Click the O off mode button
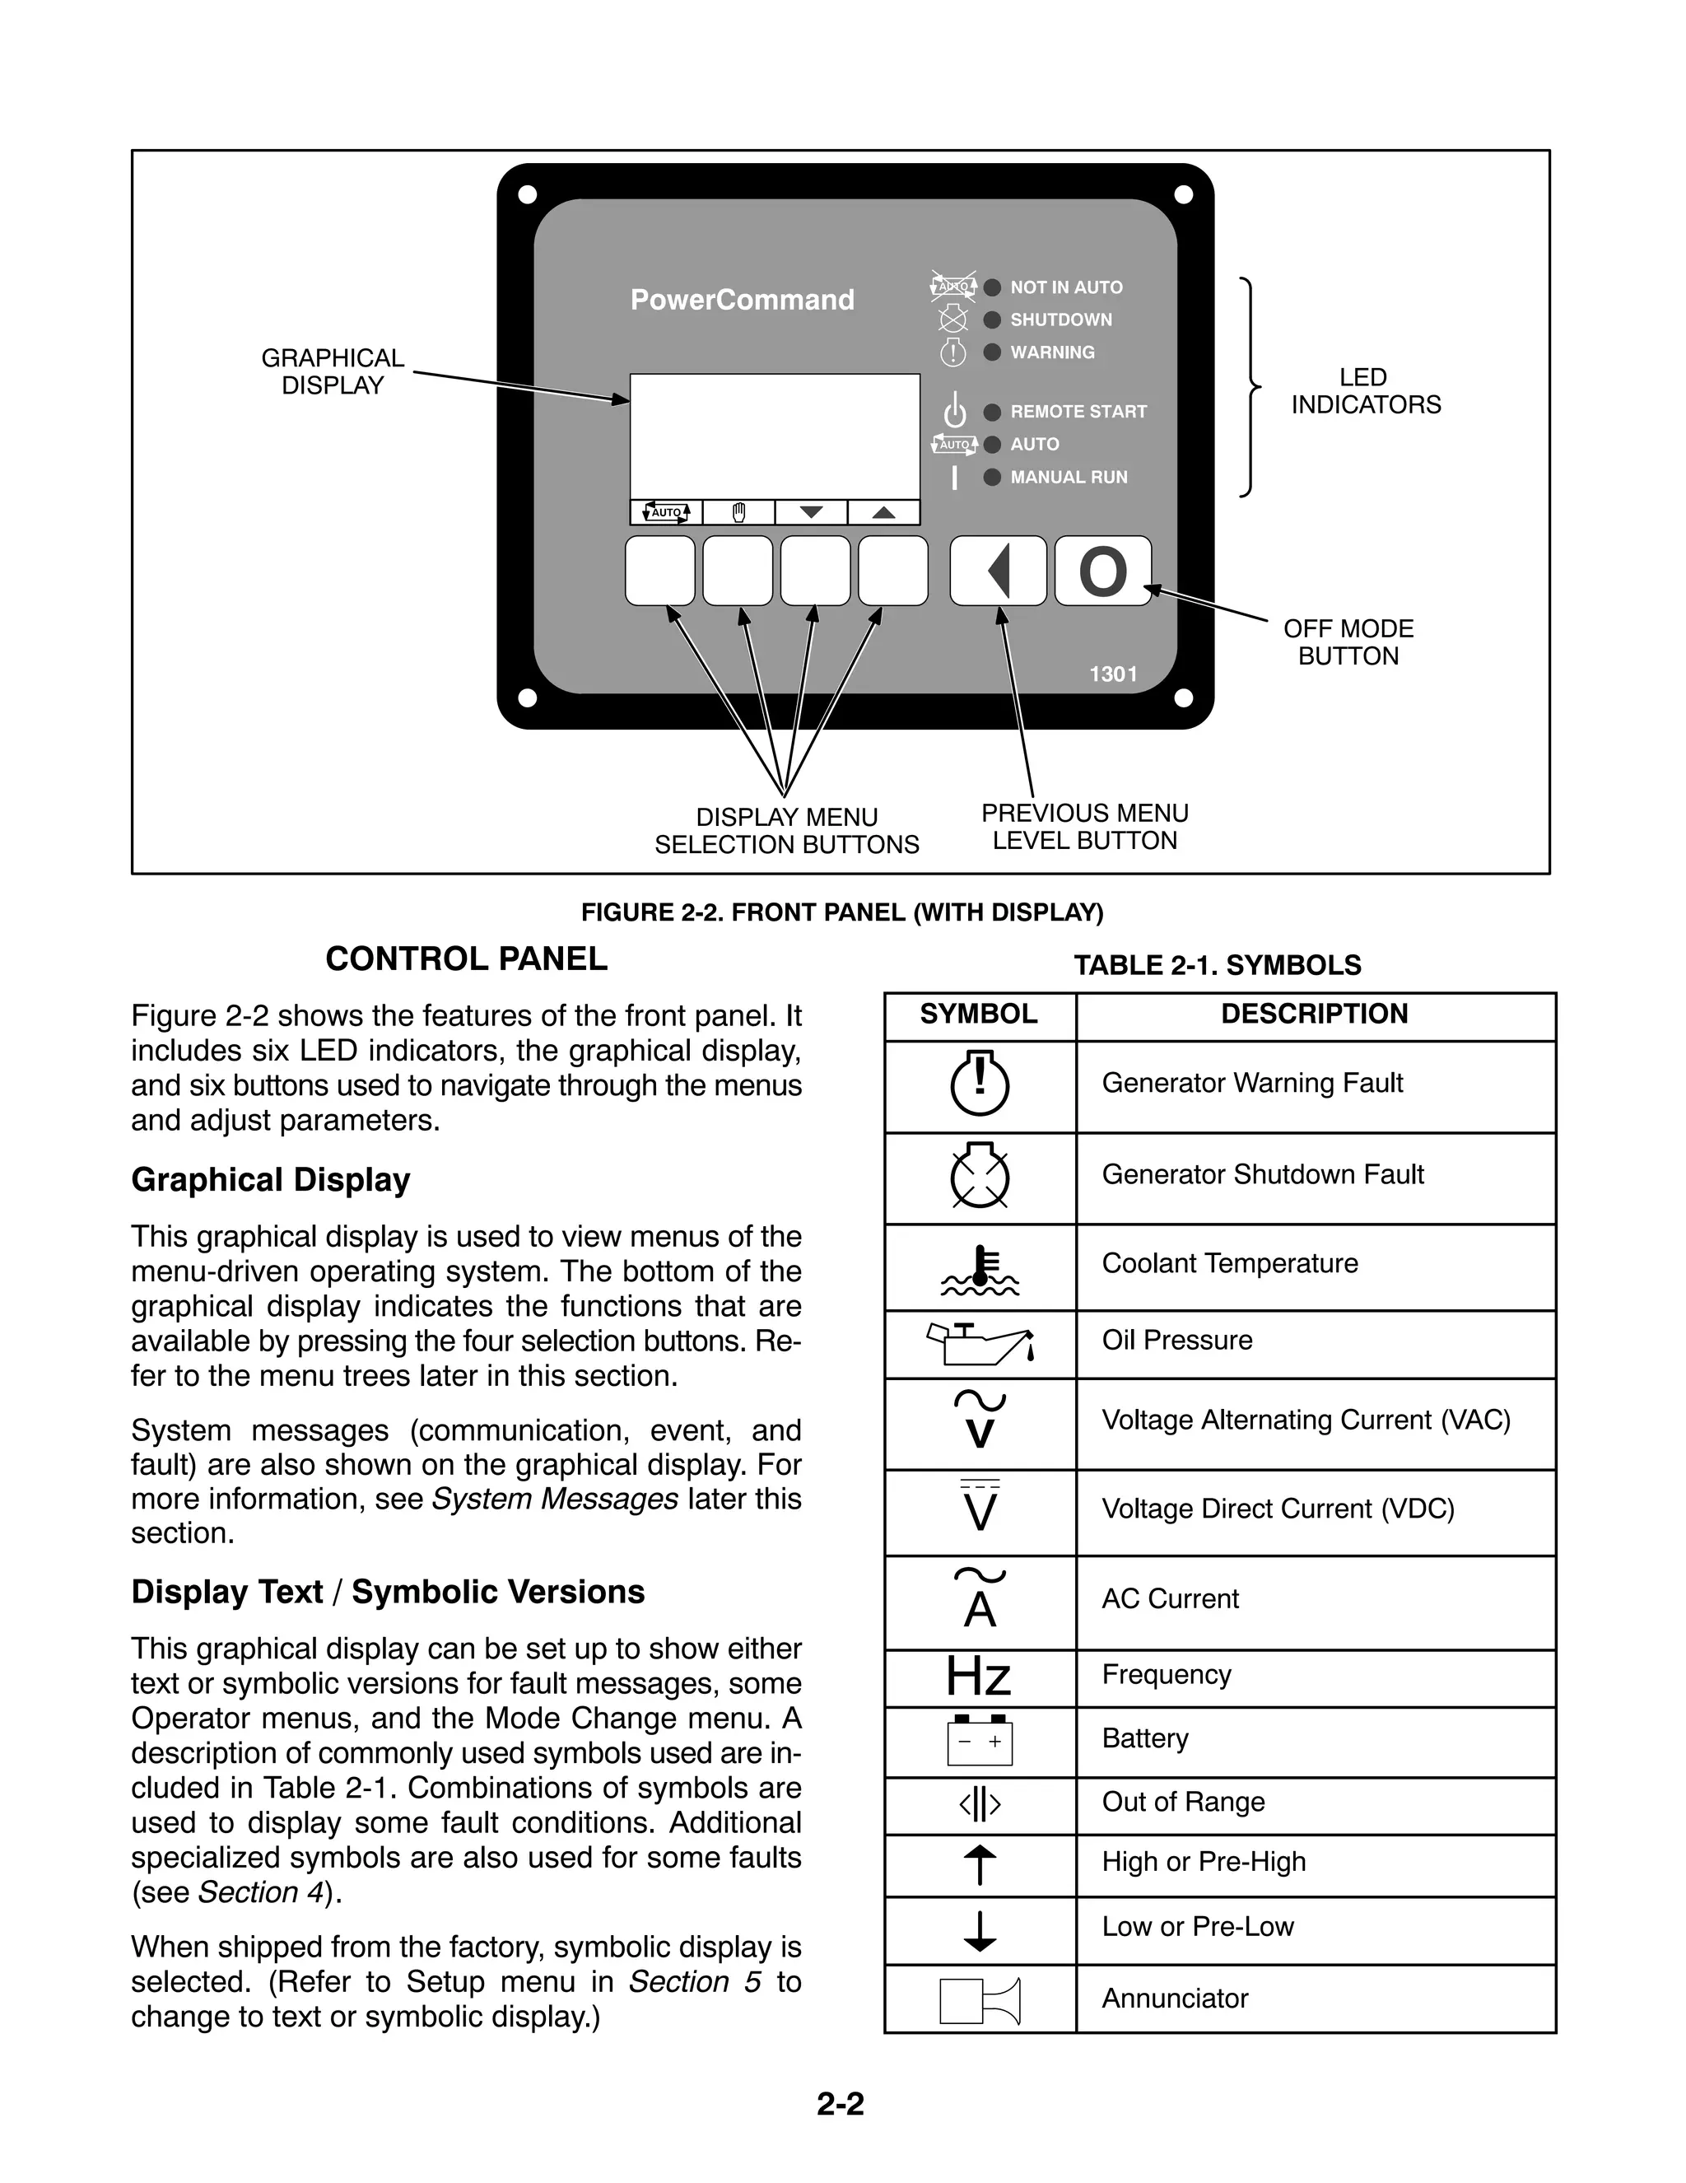(1102, 571)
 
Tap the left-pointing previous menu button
(998, 571)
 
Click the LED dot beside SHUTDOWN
(991, 320)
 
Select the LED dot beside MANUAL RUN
(991, 478)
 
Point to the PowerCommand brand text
(742, 300)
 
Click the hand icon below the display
(738, 513)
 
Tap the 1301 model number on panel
(1112, 674)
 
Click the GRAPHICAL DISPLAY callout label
(332, 372)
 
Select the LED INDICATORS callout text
(1365, 391)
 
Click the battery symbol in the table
(980, 1740)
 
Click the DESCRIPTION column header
(1313, 1015)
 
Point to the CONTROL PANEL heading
(466, 959)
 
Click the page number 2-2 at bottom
(840, 2104)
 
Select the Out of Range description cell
(1182, 1803)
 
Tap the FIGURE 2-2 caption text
(841, 912)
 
